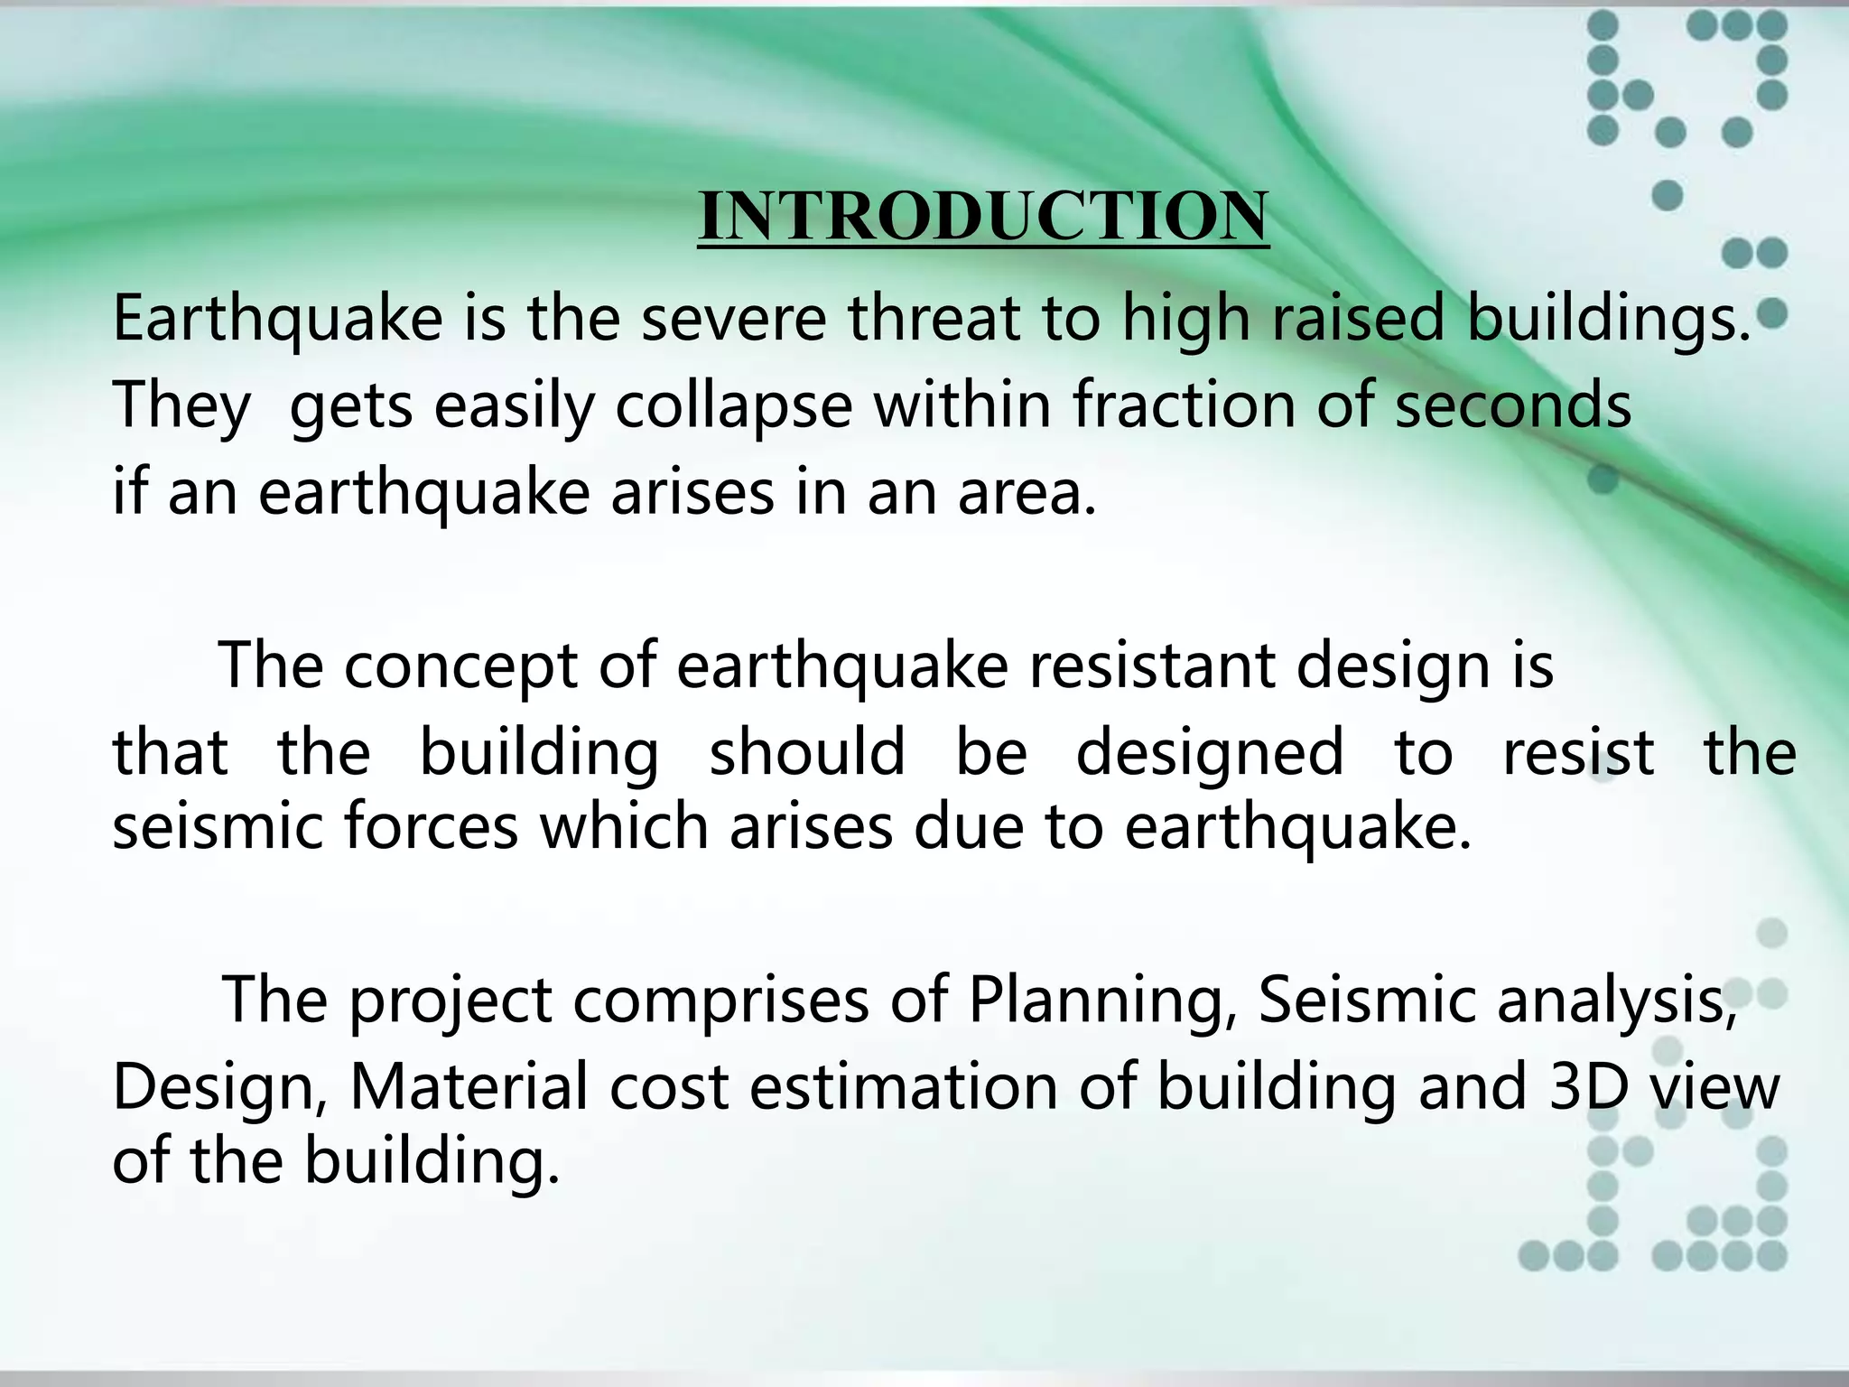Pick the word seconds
tap(1513, 406)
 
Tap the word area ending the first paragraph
tap(1026, 494)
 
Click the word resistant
tap(1151, 666)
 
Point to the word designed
tap(1210, 753)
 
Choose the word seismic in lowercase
tap(218, 827)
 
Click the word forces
tap(432, 827)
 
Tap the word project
tap(451, 1001)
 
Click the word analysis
tap(1616, 1001)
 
